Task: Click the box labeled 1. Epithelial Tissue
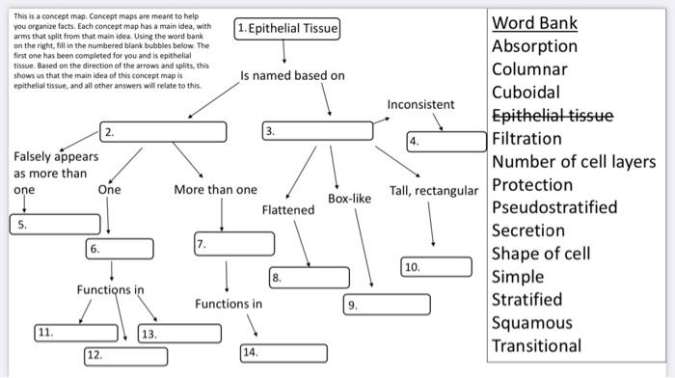tap(287, 29)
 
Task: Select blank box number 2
tap(163, 131)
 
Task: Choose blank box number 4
tap(445, 143)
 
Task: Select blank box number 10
tap(436, 267)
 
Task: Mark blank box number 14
tap(281, 352)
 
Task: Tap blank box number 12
tap(125, 355)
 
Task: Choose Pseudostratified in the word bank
tap(554, 207)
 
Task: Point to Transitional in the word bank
tap(536, 346)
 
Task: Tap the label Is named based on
tap(292, 75)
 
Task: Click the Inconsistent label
tap(420, 103)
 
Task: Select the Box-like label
tap(349, 199)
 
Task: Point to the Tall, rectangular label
tap(433, 190)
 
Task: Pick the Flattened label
tap(287, 209)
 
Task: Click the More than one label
tap(215, 190)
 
